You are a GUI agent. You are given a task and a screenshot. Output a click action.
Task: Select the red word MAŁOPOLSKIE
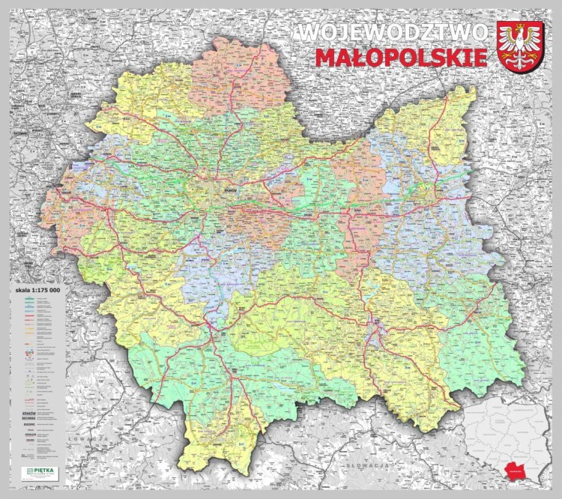pos(401,58)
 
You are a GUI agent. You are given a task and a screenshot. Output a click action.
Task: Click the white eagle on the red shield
pos(521,46)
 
